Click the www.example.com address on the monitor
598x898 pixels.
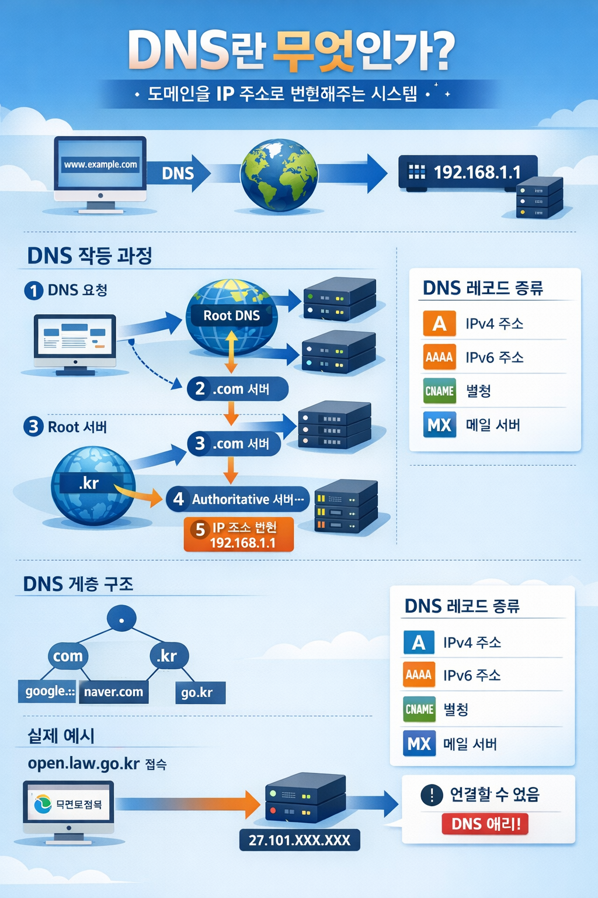click(x=100, y=165)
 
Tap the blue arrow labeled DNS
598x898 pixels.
click(x=179, y=173)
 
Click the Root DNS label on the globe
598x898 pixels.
click(x=231, y=316)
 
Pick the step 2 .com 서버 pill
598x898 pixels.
click(x=238, y=389)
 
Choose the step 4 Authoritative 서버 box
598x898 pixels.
click(x=238, y=499)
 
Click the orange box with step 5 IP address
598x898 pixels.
click(x=238, y=535)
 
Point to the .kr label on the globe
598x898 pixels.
click(x=89, y=483)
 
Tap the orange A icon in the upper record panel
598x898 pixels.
click(x=439, y=323)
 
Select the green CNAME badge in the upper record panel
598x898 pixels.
click(x=439, y=391)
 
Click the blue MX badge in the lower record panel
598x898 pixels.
click(x=419, y=744)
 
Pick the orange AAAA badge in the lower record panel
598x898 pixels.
click(x=419, y=675)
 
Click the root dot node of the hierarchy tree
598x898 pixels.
click(x=121, y=619)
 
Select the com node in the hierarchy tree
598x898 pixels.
click(x=68, y=656)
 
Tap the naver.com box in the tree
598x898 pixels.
click(x=113, y=692)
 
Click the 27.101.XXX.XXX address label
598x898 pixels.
click(x=300, y=840)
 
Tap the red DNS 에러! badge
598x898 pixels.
click(x=485, y=824)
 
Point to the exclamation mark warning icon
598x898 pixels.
click(x=432, y=795)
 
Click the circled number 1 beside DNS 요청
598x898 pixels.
click(x=34, y=291)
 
